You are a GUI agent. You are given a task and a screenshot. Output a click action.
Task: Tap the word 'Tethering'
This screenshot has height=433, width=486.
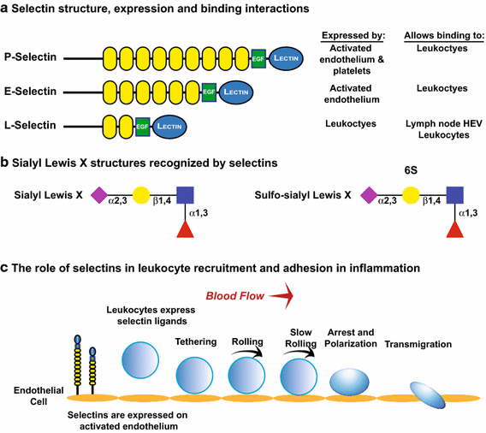(196, 341)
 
